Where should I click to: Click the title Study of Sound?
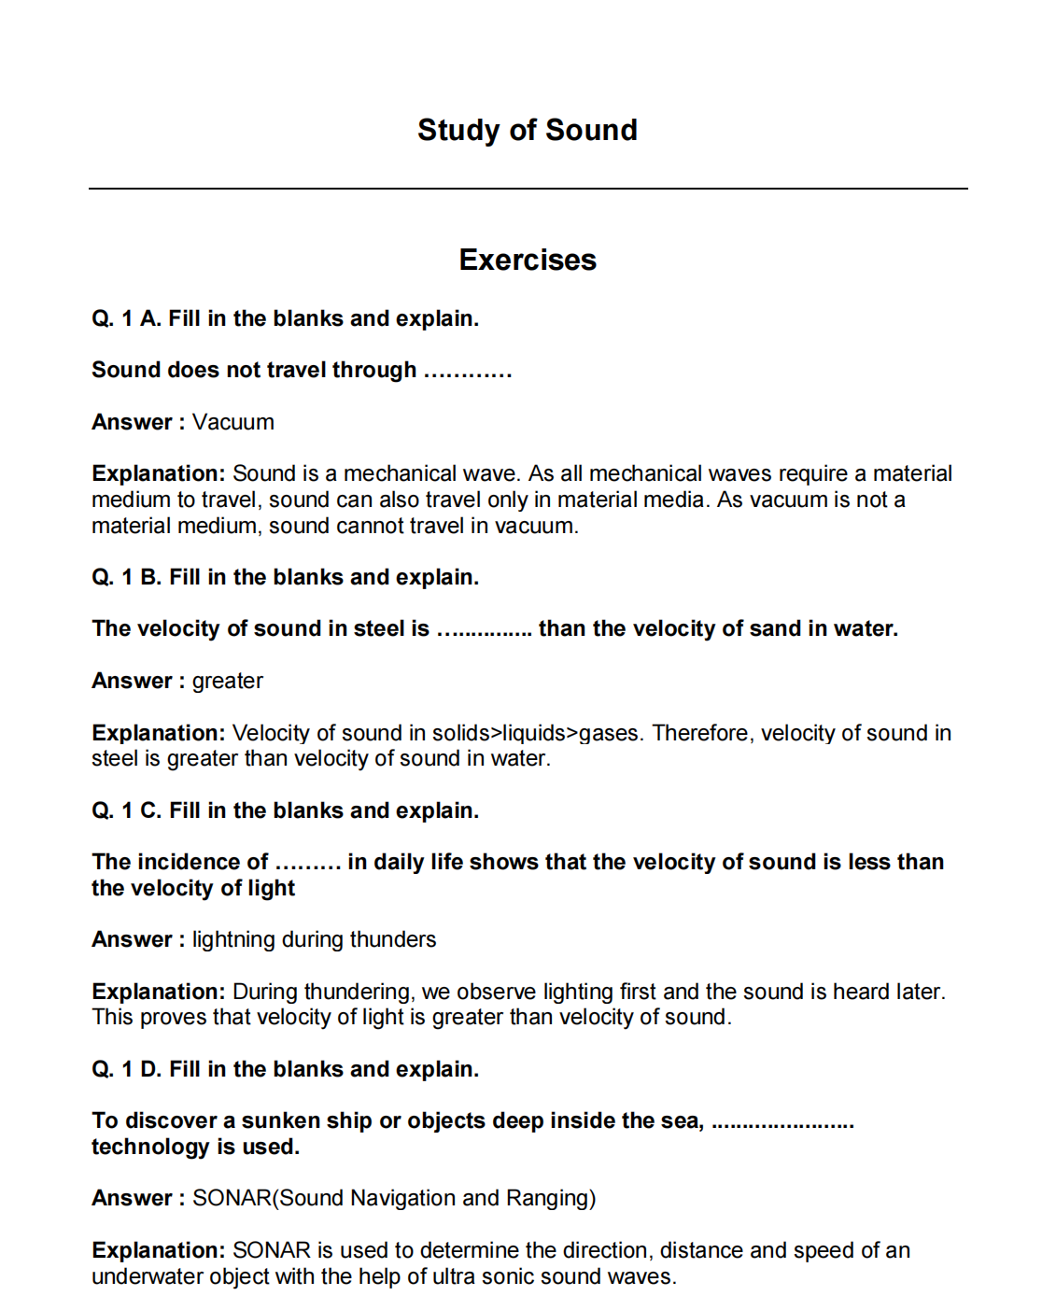click(x=527, y=130)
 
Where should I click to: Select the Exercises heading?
click(x=527, y=260)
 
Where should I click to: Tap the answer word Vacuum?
click(x=233, y=422)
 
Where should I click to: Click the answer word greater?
click(x=228, y=681)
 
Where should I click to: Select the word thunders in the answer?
click(x=397, y=939)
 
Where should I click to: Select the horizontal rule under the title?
click(x=527, y=189)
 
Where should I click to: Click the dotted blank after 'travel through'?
click(x=467, y=372)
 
